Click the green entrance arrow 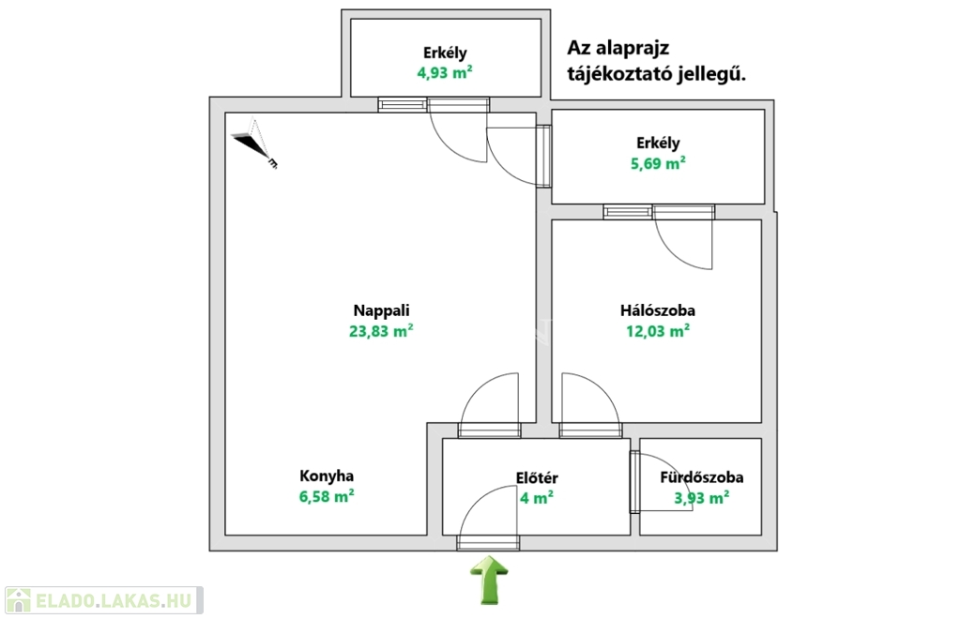point(489,580)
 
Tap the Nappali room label point(381,310)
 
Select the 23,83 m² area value point(381,331)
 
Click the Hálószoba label point(658,310)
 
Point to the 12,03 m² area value point(658,331)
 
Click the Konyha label point(326,476)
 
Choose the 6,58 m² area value point(326,496)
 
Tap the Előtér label point(537,477)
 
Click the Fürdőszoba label point(702,477)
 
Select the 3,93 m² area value point(702,498)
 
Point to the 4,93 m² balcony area point(444,73)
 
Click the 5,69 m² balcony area point(658,163)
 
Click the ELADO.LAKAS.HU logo point(103,600)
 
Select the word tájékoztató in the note point(619,75)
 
